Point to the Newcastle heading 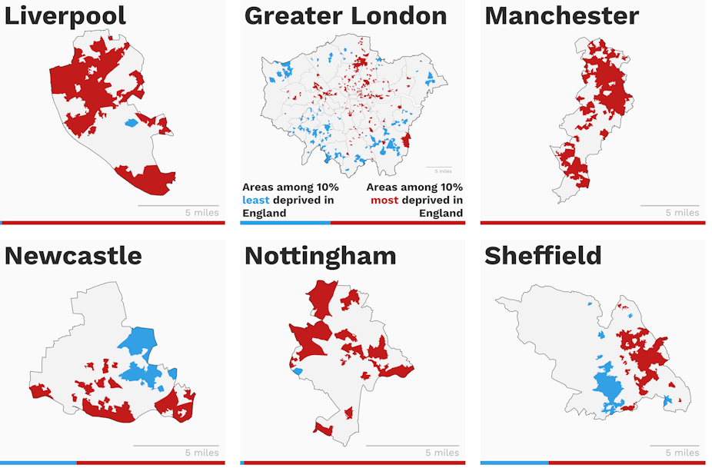pyautogui.click(x=73, y=256)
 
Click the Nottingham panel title pyautogui.click(x=320, y=256)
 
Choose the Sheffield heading pyautogui.click(x=543, y=256)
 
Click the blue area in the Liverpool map pyautogui.click(x=131, y=122)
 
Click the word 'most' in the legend pyautogui.click(x=384, y=201)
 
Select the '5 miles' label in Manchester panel pyautogui.click(x=682, y=213)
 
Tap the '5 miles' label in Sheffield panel pyautogui.click(x=682, y=453)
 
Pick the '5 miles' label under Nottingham pyautogui.click(x=442, y=453)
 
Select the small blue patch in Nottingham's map pyautogui.click(x=298, y=372)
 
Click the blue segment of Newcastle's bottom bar pyautogui.click(x=38, y=463)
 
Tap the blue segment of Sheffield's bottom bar pyautogui.click(x=514, y=463)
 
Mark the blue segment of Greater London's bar pyautogui.click(x=284, y=223)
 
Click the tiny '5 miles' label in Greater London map pyautogui.click(x=443, y=171)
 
